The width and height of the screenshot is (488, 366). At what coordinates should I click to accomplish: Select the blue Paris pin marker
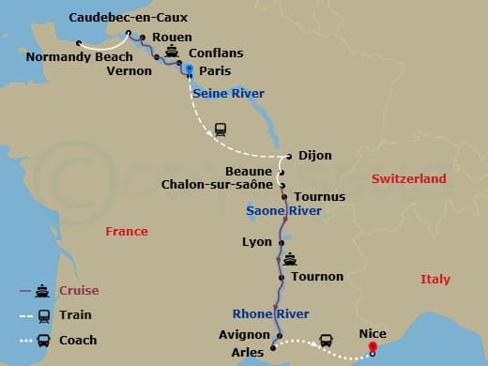(189, 69)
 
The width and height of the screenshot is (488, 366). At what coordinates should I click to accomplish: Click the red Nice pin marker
(373, 347)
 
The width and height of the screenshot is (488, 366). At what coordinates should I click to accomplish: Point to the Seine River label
(228, 94)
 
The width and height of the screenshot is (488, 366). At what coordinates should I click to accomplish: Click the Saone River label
(283, 211)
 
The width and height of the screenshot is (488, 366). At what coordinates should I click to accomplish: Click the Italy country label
(435, 280)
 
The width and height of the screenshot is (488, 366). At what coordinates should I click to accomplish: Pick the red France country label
(126, 232)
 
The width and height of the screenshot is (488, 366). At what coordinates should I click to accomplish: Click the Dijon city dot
(290, 157)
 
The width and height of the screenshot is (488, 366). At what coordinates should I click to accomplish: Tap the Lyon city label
(256, 242)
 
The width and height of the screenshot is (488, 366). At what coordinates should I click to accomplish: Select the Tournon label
(317, 277)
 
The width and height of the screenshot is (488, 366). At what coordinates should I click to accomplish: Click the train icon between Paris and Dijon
(220, 130)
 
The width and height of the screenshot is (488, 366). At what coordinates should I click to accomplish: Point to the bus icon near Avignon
(326, 340)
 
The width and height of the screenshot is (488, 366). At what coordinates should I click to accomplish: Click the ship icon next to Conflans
(172, 53)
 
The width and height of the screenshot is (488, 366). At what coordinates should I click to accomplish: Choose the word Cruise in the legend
(79, 291)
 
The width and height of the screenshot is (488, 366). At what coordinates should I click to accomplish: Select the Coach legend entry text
(79, 341)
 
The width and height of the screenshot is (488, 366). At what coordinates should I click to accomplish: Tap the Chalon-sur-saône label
(218, 185)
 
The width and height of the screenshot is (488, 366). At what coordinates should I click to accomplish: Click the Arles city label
(247, 353)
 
